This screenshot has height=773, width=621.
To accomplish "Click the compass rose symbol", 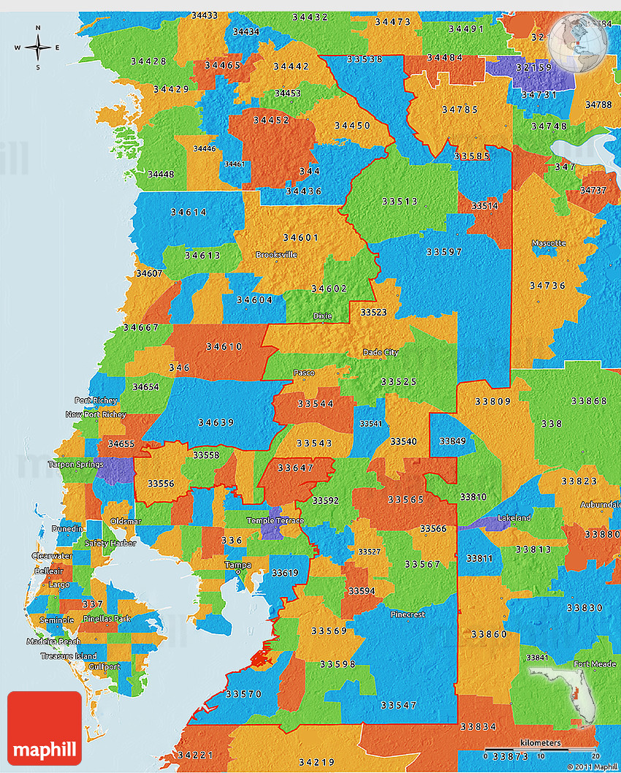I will tap(37, 47).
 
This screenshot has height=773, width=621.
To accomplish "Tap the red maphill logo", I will tap(45, 728).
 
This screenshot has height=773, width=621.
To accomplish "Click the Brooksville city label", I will tap(276, 255).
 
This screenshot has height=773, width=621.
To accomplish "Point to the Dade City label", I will tap(381, 353).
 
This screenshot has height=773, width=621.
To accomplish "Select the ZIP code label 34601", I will tap(300, 237).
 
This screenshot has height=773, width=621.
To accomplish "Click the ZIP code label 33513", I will tap(399, 201).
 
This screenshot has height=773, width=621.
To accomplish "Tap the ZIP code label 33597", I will tap(444, 252).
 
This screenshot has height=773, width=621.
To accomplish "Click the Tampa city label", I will tap(237, 566).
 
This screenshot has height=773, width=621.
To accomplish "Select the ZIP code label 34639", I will tap(216, 422).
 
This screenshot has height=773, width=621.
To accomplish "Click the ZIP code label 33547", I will tap(399, 705).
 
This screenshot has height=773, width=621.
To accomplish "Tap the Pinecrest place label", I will tap(407, 614).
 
